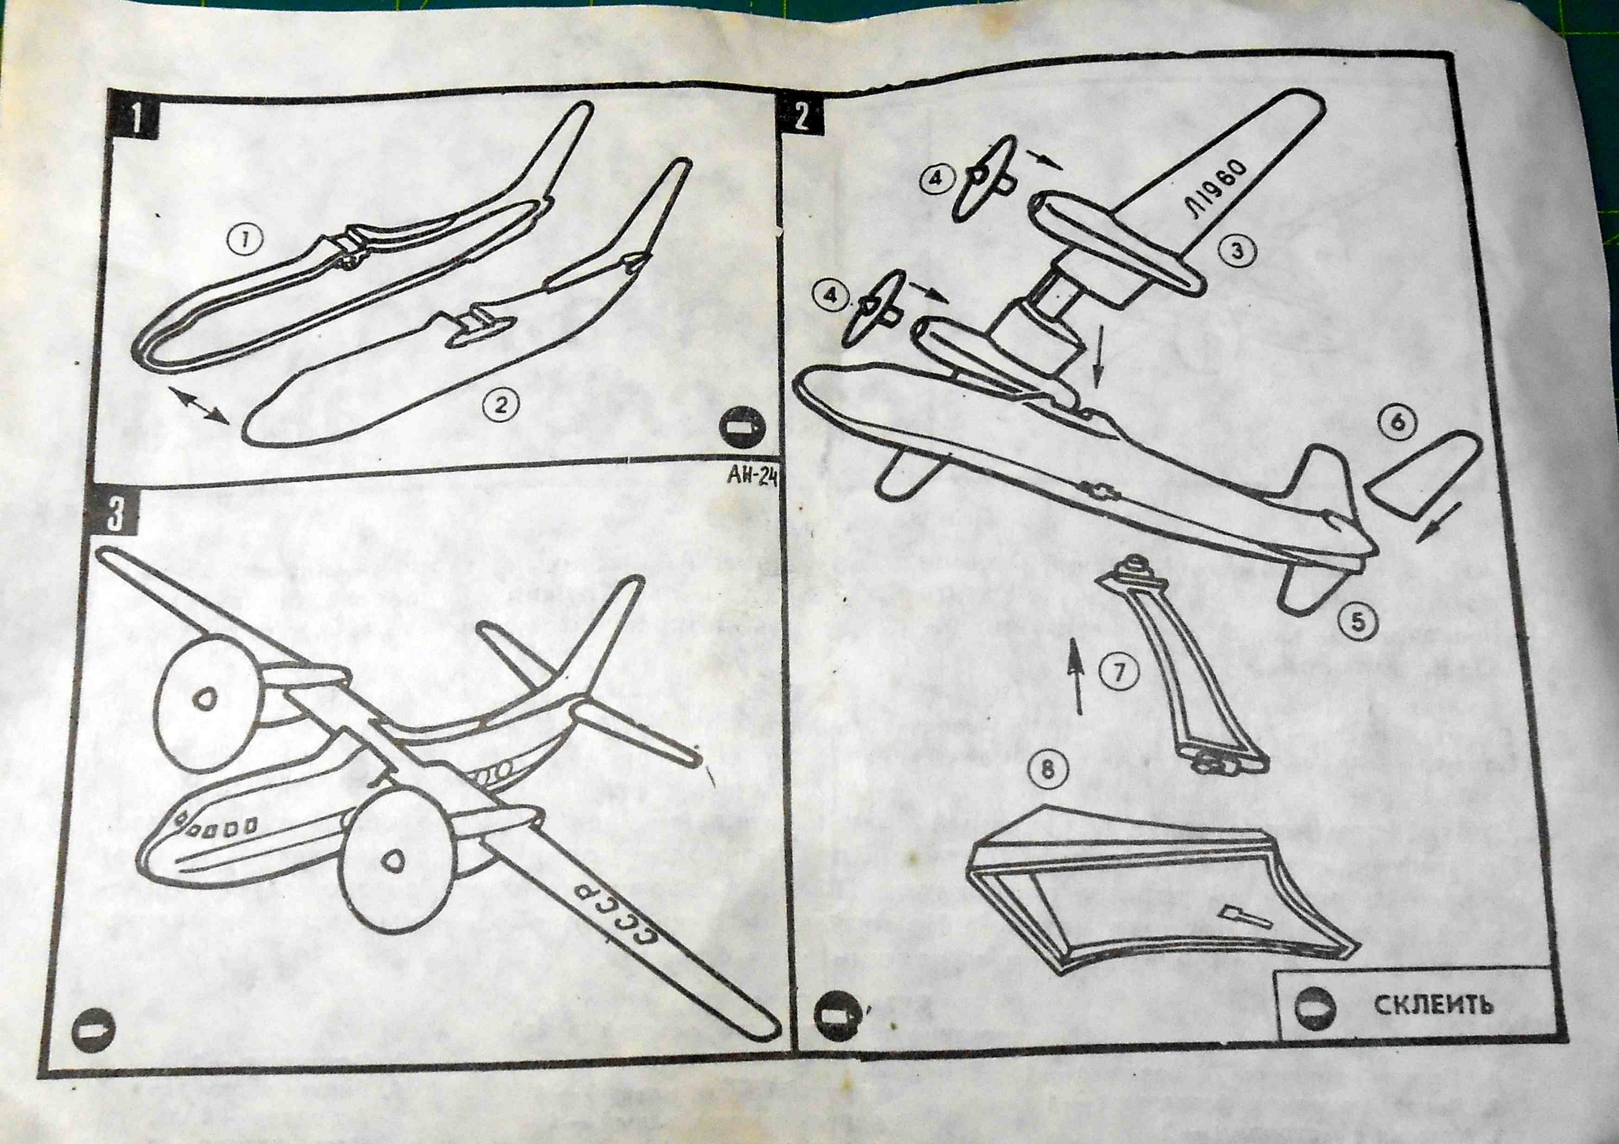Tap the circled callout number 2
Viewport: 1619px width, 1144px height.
coord(499,404)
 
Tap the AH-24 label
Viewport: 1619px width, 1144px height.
coord(749,481)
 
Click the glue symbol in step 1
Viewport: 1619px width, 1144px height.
coord(741,428)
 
